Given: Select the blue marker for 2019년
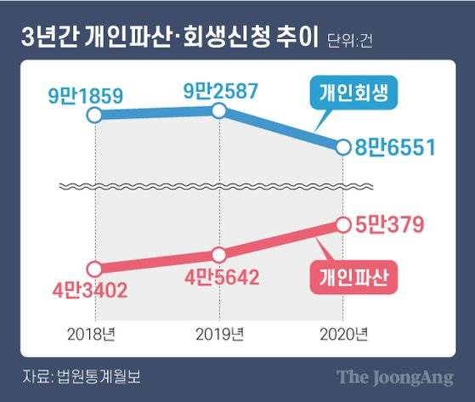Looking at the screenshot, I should [x=219, y=110].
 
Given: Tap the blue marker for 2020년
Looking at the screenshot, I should [x=343, y=148].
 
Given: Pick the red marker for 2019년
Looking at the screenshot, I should [x=219, y=254].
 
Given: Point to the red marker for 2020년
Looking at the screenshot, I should [x=343, y=224].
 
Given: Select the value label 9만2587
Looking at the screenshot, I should [x=219, y=88].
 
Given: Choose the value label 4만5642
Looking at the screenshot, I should [x=219, y=279].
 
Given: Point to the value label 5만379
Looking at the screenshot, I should [x=393, y=224].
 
